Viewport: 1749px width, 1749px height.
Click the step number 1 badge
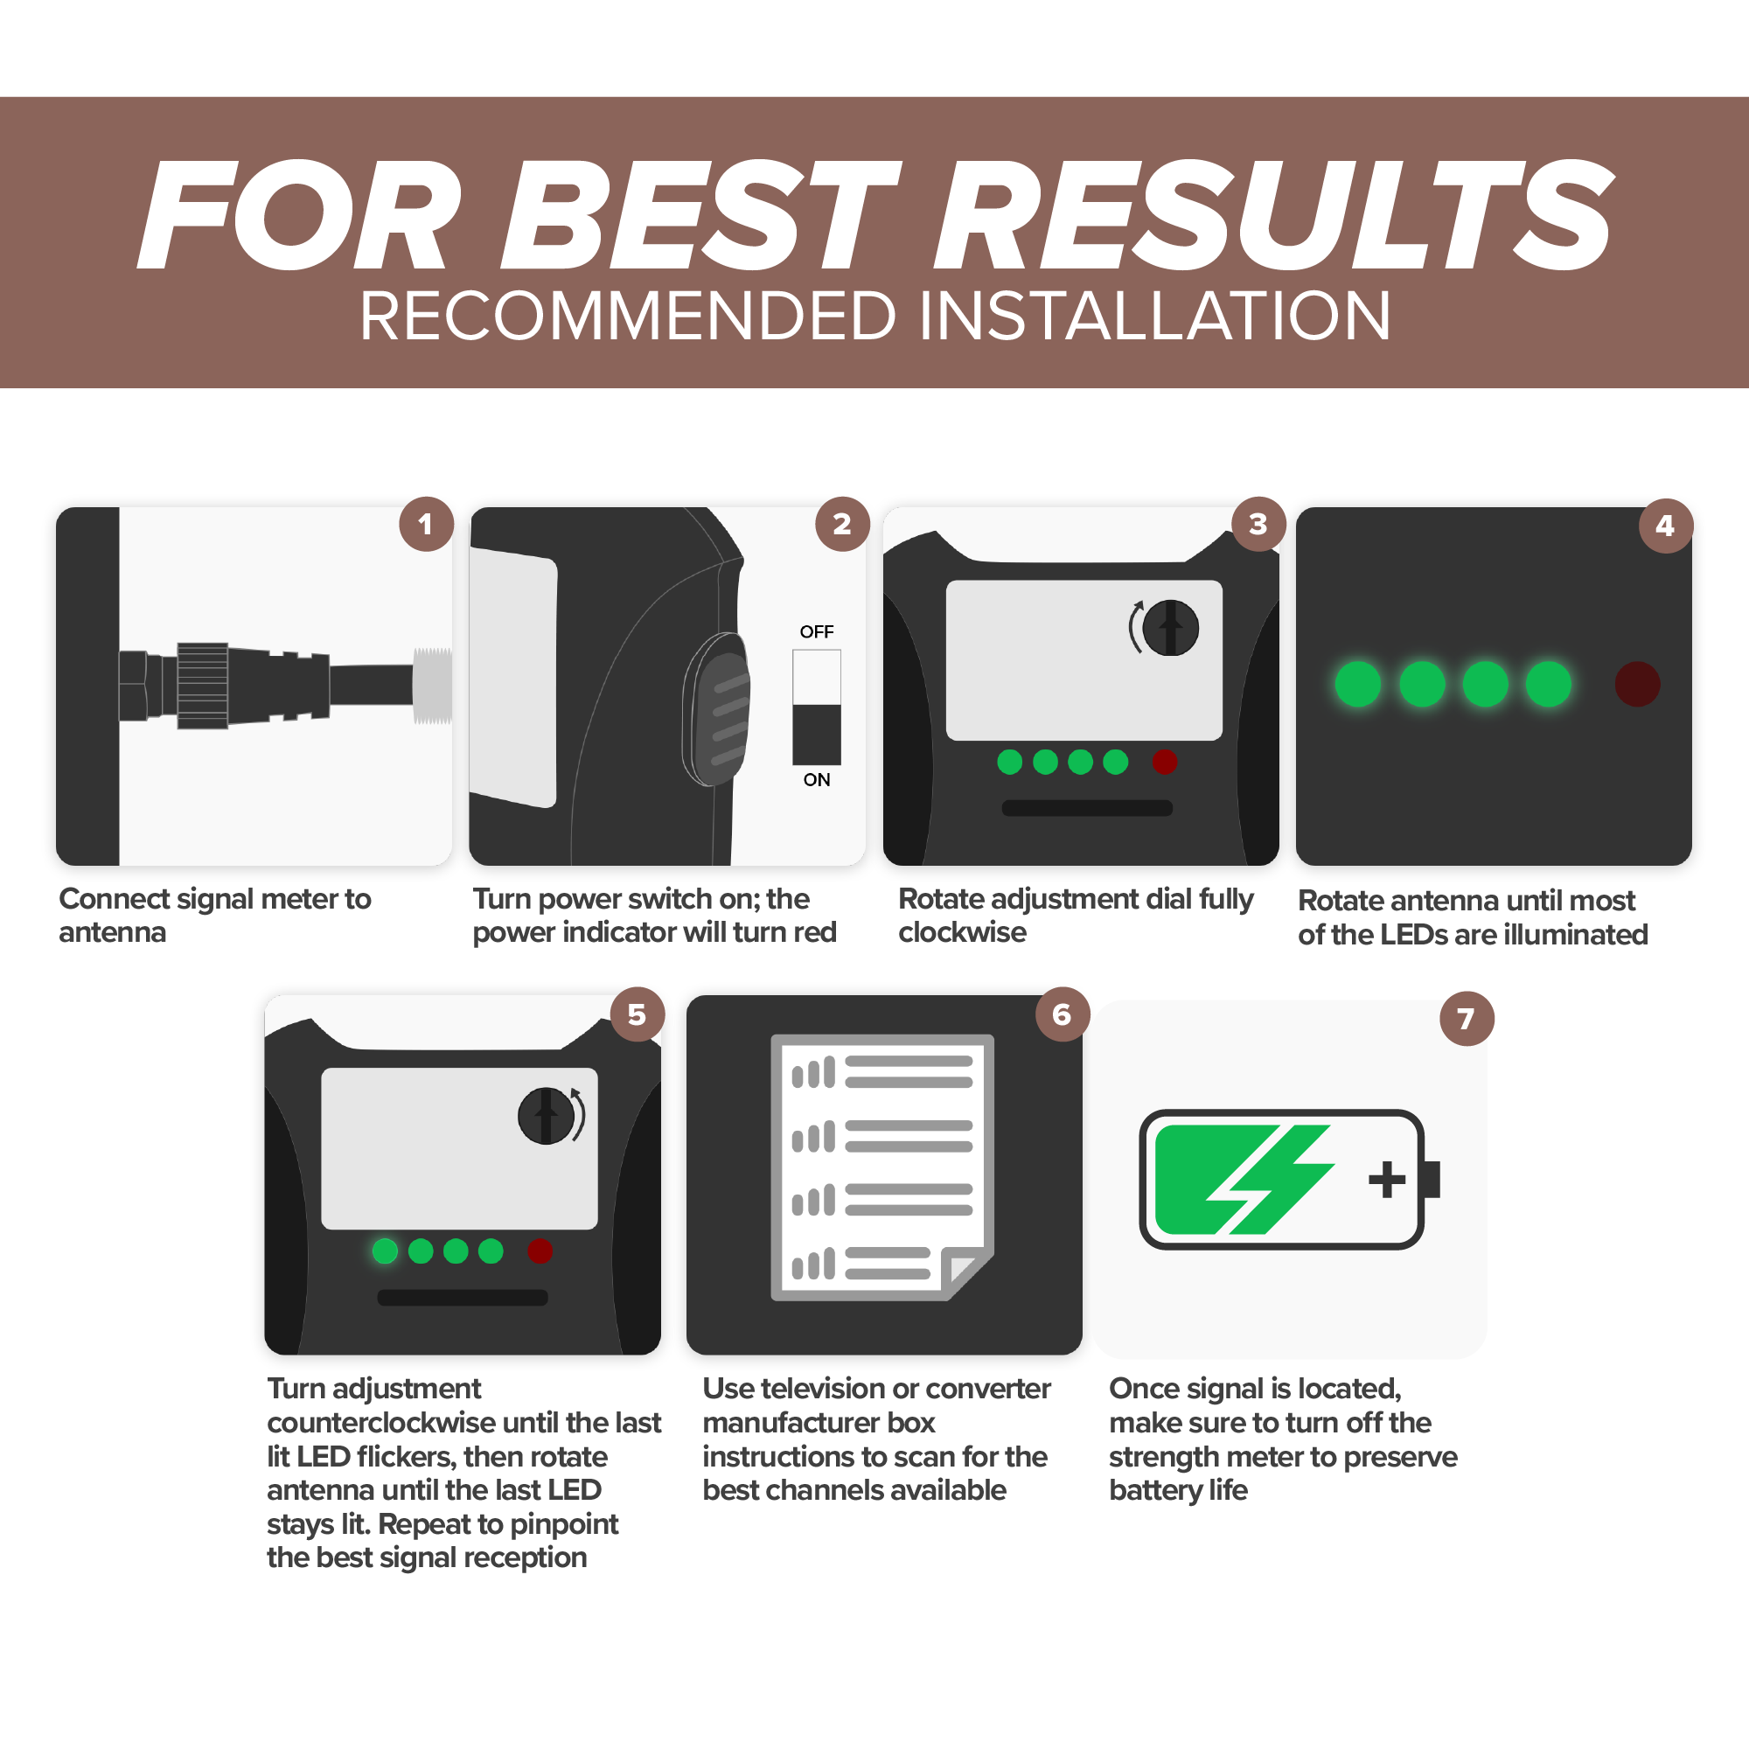(427, 524)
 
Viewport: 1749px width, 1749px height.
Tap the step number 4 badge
(1666, 525)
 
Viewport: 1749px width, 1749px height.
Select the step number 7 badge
(1467, 1019)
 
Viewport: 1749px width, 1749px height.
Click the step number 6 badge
(1062, 1014)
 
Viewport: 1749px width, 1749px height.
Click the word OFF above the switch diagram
(817, 632)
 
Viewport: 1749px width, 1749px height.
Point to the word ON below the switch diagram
(817, 779)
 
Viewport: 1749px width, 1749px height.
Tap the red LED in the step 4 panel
(1638, 684)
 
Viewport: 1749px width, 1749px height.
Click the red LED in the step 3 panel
(1165, 763)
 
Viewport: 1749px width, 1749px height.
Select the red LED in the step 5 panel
(540, 1251)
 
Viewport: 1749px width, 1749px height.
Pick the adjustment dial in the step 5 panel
(546, 1116)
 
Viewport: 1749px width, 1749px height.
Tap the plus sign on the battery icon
(1387, 1180)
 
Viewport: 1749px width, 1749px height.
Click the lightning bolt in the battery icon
(1270, 1180)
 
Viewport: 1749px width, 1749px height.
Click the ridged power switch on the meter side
(717, 709)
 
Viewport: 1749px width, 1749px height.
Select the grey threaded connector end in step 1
(433, 686)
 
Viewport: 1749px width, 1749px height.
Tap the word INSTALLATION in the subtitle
(1155, 316)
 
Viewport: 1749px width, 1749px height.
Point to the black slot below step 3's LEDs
(1087, 808)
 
